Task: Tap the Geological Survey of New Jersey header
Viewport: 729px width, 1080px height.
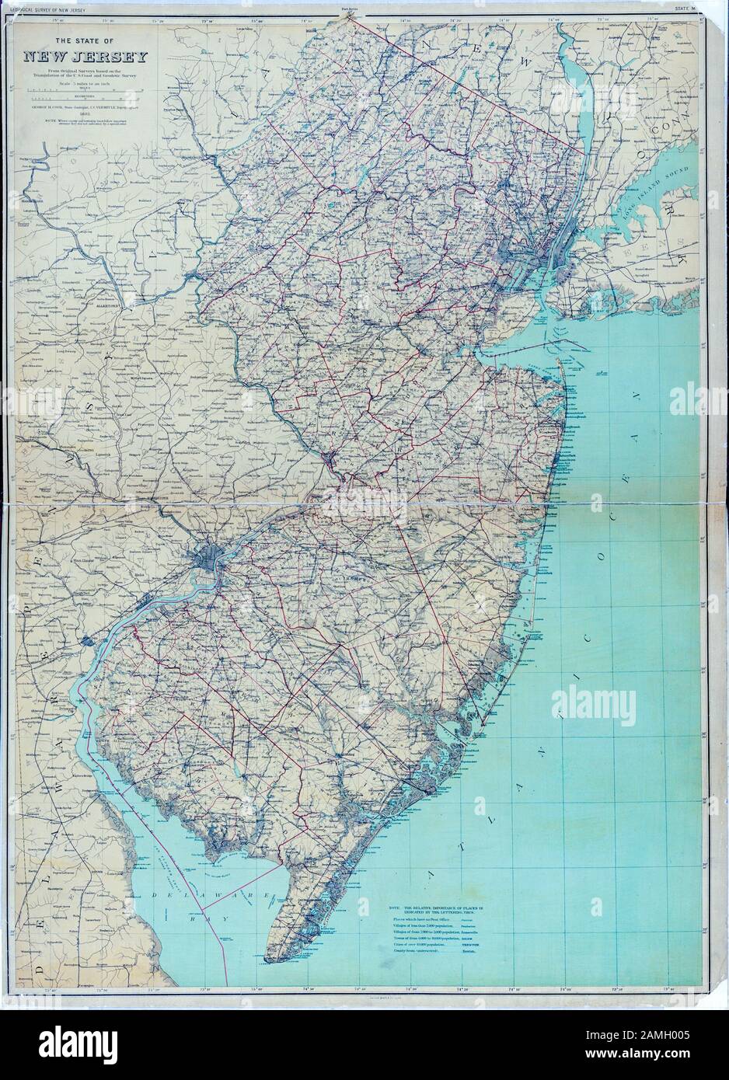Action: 47,7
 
